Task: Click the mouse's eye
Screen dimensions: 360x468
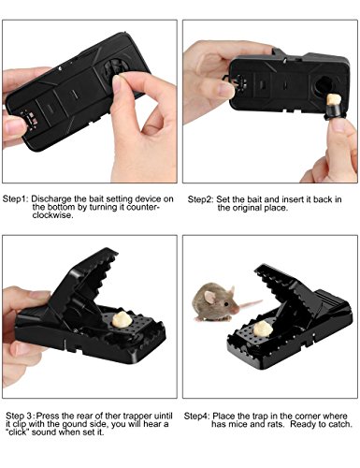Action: click(226, 303)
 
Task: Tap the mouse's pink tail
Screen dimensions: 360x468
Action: click(250, 303)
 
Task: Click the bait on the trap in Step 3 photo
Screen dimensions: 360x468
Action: click(122, 319)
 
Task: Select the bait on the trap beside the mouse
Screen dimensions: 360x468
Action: click(263, 329)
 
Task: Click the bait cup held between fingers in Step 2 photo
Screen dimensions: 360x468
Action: click(333, 107)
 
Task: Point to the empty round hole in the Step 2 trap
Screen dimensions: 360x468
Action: click(323, 86)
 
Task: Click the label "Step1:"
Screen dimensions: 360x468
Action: click(16, 199)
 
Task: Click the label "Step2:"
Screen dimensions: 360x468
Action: click(201, 199)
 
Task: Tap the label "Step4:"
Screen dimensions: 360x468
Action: click(196, 417)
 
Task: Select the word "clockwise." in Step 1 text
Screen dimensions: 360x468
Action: click(53, 215)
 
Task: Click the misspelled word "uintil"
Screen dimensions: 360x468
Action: click(163, 416)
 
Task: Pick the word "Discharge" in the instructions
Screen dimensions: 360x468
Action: click(51, 199)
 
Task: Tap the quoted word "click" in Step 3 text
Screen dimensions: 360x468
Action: click(18, 432)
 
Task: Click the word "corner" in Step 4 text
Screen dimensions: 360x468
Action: click(308, 417)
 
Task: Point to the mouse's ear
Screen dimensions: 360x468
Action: click(209, 298)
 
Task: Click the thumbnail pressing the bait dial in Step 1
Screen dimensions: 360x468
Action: click(117, 83)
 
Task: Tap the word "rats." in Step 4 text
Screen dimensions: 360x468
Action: click(277, 425)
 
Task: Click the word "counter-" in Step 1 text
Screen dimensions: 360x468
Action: click(143, 207)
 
